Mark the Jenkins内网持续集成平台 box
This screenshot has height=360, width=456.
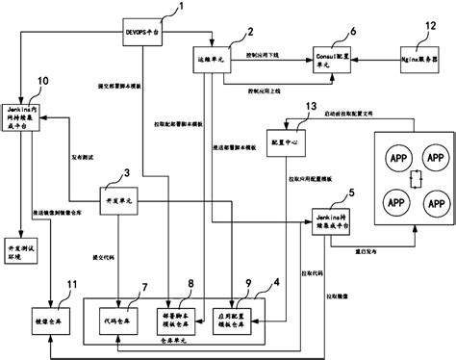(31, 117)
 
